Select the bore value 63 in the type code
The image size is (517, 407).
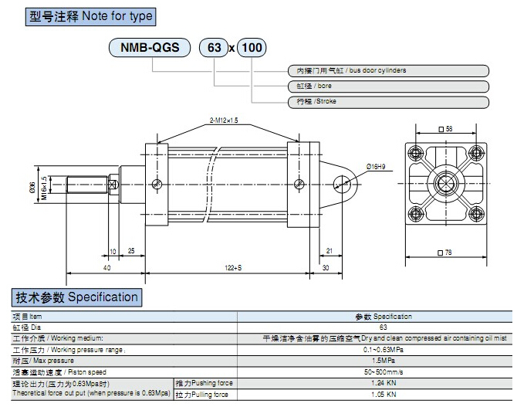point(214,48)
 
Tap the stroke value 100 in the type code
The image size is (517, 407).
point(252,48)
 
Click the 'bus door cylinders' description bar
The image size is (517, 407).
point(388,70)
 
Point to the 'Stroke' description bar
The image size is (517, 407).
point(388,101)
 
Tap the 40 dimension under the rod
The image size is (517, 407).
point(106,267)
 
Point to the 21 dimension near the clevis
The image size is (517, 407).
point(329,250)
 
